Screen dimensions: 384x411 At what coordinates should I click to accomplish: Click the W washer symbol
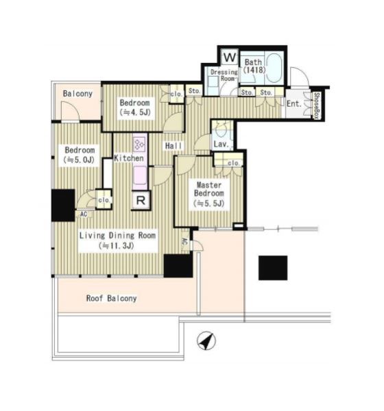[x=230, y=57]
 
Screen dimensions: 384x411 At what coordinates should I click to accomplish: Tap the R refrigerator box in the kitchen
[x=141, y=201]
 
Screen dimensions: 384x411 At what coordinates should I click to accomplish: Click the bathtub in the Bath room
[x=274, y=68]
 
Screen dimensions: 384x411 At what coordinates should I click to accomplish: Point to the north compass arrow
[x=206, y=341]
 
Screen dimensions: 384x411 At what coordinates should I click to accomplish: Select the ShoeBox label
[x=317, y=105]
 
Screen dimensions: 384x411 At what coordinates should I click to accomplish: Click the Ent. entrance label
[x=294, y=104]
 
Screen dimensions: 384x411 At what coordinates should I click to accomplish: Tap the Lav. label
[x=221, y=144]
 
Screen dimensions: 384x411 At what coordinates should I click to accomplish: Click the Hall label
[x=173, y=146]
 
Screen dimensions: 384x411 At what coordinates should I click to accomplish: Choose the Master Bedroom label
[x=209, y=189]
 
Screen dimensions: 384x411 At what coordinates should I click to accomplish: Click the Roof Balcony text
[x=112, y=298]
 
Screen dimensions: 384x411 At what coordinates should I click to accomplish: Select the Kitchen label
[x=129, y=158]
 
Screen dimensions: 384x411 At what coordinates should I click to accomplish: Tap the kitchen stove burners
[x=140, y=144]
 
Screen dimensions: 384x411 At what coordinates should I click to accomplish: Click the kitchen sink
[x=140, y=175]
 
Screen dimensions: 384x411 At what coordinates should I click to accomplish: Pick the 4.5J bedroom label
[x=134, y=108]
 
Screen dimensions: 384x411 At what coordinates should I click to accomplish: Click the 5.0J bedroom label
[x=80, y=155]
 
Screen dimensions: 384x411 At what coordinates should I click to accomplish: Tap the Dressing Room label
[x=224, y=75]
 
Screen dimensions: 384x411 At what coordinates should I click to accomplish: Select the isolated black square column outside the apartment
[x=273, y=268]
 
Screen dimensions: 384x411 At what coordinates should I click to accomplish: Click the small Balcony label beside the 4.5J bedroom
[x=77, y=94]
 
